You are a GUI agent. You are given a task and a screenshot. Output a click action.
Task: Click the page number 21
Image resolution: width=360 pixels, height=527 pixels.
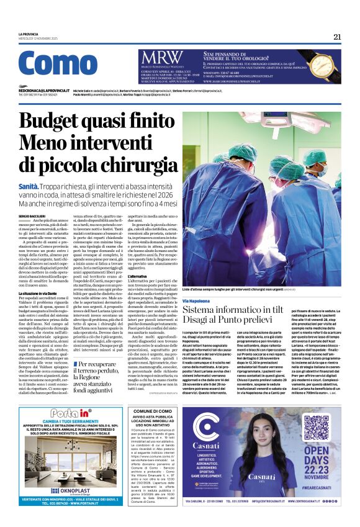(x=337, y=37)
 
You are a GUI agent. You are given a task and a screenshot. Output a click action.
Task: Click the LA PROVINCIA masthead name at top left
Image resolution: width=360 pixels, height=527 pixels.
(x=29, y=34)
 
